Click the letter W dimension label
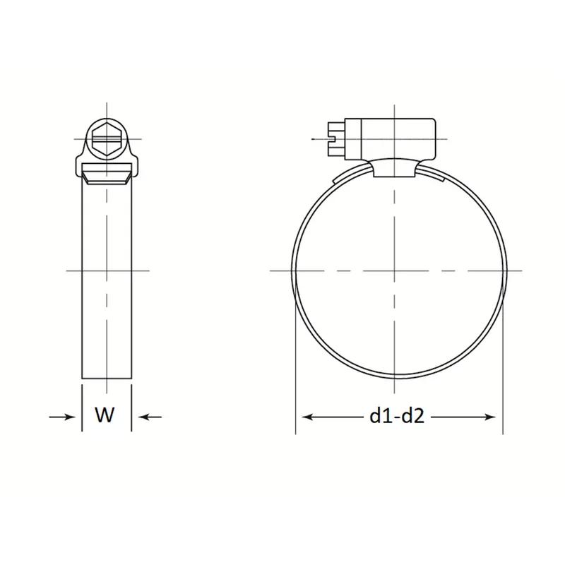tap(105, 415)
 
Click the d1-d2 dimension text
tap(397, 416)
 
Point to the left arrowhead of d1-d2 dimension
tap(307, 417)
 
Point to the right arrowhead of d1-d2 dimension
tap(490, 417)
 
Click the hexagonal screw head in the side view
tap(107, 139)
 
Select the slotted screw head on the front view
tap(337, 139)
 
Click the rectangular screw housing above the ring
tap(390, 138)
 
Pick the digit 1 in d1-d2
tap(386, 416)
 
